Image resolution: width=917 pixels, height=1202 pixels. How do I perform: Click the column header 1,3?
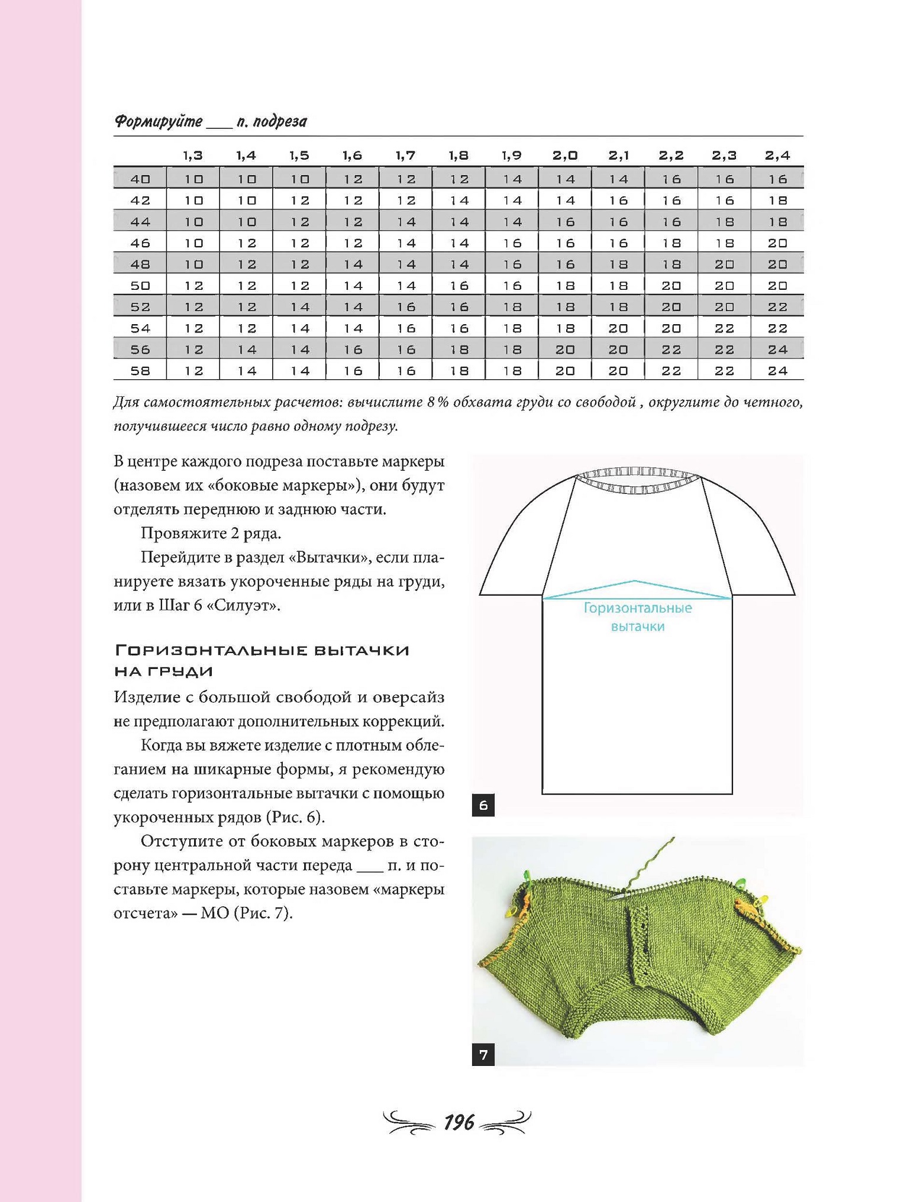(x=193, y=156)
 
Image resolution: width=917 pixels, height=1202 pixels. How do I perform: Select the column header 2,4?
(x=777, y=156)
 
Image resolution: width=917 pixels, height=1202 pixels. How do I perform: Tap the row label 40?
(x=140, y=179)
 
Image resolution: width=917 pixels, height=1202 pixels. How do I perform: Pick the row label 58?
(x=140, y=371)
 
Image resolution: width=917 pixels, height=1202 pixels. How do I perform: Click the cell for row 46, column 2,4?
(x=777, y=243)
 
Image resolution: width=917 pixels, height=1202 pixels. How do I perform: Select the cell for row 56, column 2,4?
(x=777, y=350)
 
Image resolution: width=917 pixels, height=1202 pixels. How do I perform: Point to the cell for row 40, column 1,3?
(x=193, y=179)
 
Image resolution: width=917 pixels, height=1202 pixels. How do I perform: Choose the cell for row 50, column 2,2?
(x=671, y=286)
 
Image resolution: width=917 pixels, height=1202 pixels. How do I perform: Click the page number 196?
(x=458, y=1122)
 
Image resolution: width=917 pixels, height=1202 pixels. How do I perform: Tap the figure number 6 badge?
(x=483, y=805)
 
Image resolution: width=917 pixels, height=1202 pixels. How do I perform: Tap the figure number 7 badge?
(x=483, y=1055)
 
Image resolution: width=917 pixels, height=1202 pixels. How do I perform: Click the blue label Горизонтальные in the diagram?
(x=638, y=608)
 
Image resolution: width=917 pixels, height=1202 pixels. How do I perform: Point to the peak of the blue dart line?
(x=635, y=581)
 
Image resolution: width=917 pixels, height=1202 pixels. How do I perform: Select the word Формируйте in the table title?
(x=158, y=121)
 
